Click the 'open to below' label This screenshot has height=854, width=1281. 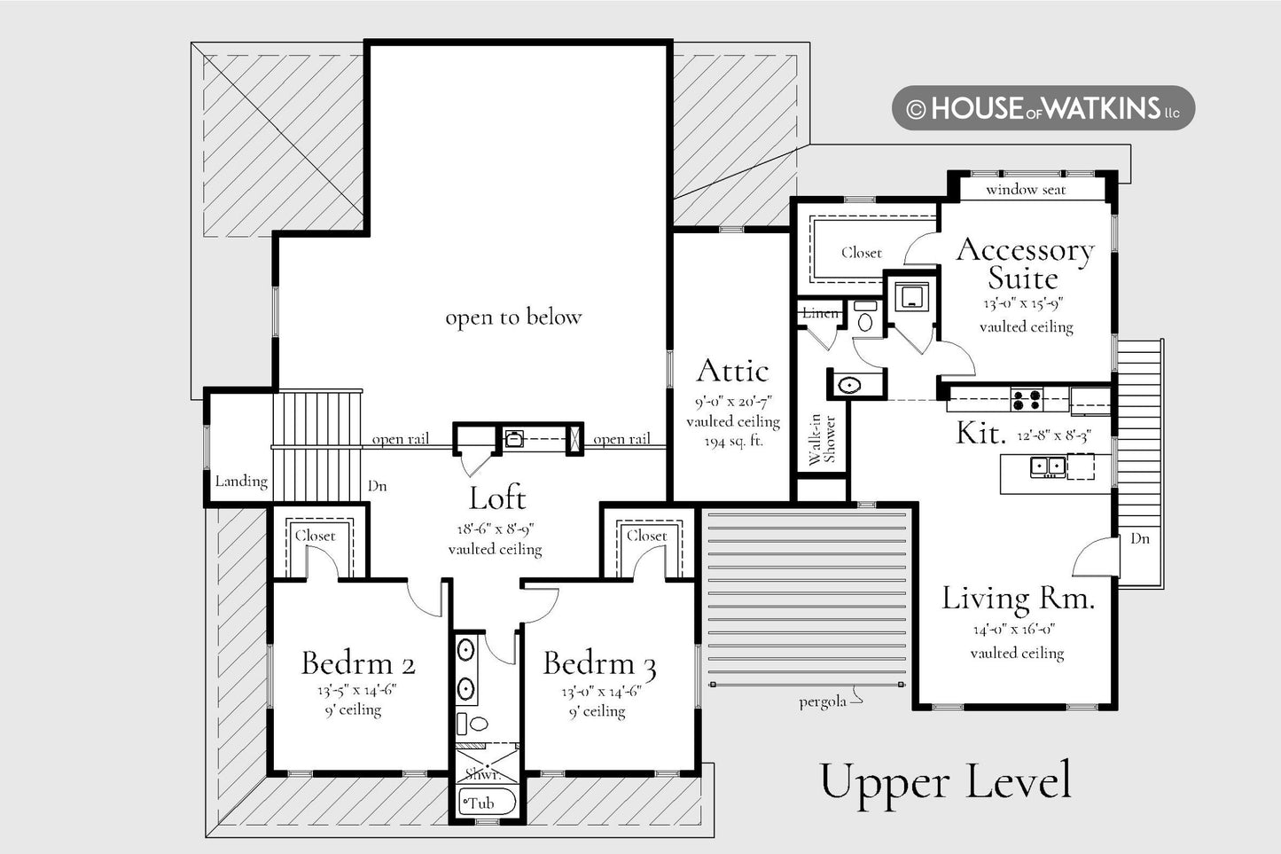[x=513, y=317]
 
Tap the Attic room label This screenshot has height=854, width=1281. [x=732, y=371]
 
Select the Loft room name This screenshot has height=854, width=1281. [x=497, y=498]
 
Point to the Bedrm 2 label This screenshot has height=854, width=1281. [x=358, y=663]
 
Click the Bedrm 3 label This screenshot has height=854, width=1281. [x=599, y=664]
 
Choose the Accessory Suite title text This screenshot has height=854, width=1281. [x=1025, y=263]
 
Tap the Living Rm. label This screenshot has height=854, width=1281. [x=1018, y=599]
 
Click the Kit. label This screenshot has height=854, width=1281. [x=980, y=434]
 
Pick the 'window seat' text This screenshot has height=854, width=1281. [x=1026, y=190]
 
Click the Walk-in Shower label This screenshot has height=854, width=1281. [x=823, y=439]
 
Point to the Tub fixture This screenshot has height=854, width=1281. [x=488, y=802]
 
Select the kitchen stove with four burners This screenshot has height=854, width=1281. [x=1027, y=399]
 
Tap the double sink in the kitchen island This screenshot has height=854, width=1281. [x=1048, y=466]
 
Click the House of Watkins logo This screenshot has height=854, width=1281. [x=1043, y=108]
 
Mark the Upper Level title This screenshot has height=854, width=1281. [x=945, y=781]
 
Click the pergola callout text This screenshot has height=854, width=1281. [x=823, y=701]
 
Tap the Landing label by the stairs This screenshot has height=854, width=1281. [x=241, y=481]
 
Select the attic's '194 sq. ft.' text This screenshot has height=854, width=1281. [x=733, y=442]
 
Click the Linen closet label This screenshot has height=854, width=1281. [x=820, y=313]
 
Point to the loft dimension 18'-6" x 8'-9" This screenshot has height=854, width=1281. [x=496, y=529]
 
